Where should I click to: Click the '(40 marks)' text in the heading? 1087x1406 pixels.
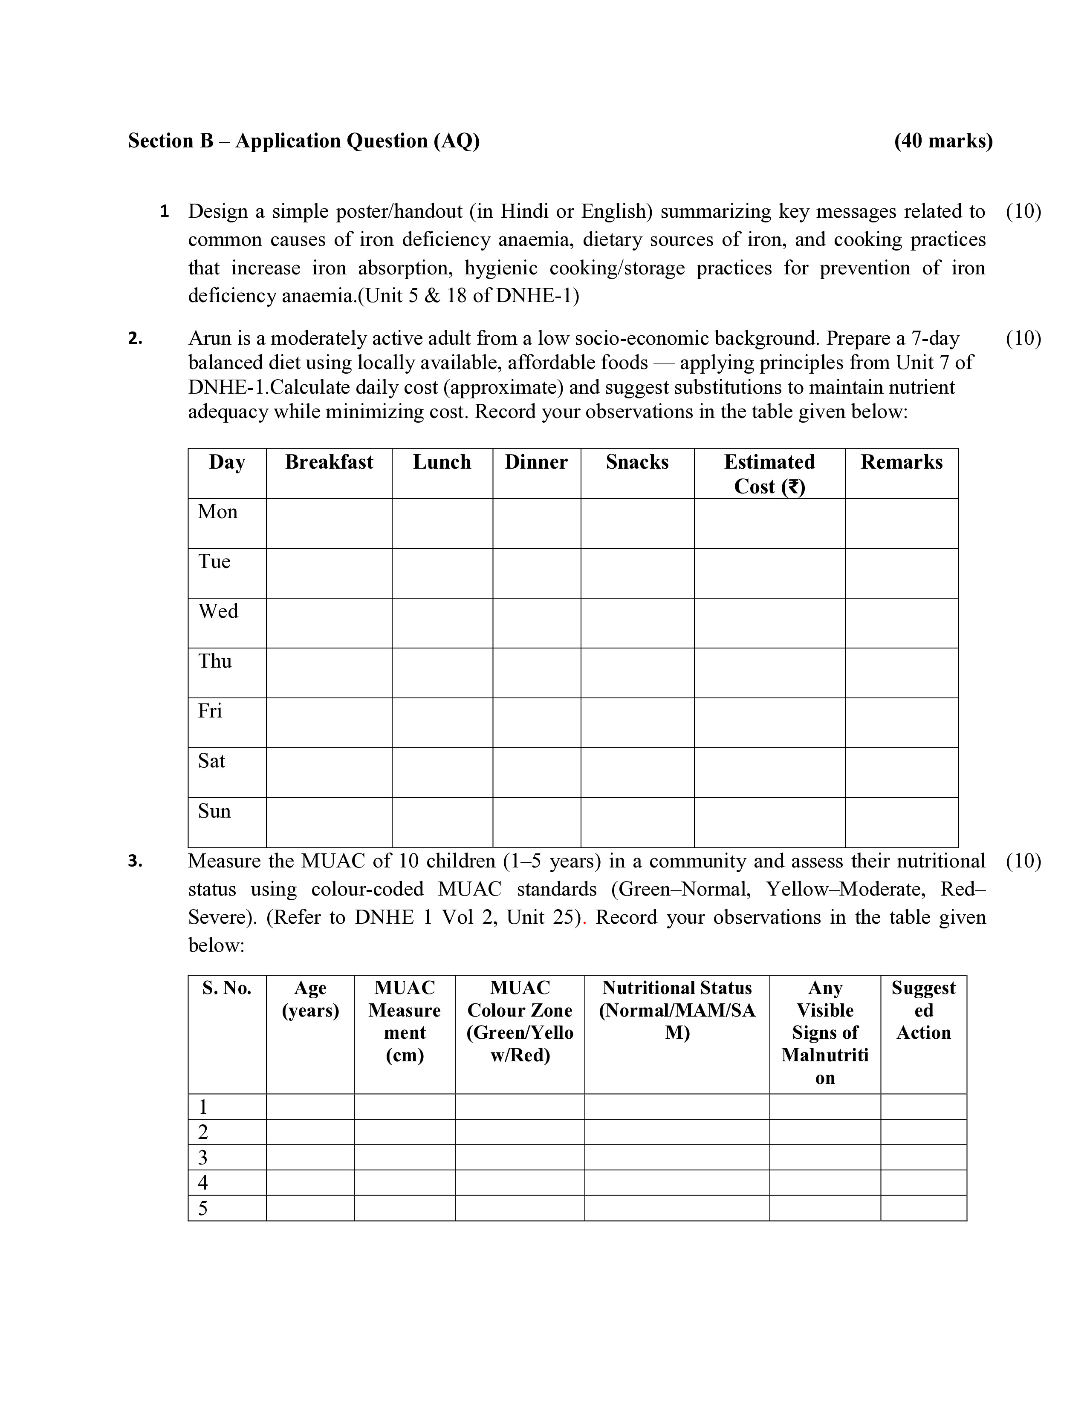943,141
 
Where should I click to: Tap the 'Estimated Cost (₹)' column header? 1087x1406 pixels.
769,474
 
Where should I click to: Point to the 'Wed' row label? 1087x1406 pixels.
218,611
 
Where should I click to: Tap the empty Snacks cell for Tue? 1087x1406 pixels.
637,573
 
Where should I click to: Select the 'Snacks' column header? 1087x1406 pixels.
637,462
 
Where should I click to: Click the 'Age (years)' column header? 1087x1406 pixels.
310,999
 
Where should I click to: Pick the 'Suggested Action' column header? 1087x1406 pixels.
923,1010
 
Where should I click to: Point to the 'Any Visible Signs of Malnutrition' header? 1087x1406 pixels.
825,1033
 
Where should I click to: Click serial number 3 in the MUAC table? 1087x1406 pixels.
203,1158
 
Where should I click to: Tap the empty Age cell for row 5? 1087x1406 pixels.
310,1208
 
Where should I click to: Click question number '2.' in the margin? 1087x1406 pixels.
135,339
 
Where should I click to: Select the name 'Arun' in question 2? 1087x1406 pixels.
208,339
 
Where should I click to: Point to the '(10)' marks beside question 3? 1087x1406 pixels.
1023,861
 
